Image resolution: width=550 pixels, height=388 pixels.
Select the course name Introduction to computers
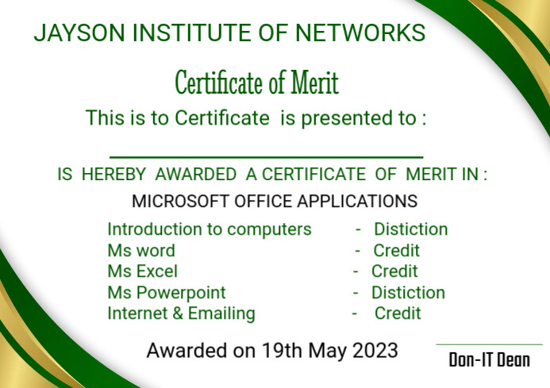point(210,229)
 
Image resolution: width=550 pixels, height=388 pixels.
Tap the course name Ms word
point(141,251)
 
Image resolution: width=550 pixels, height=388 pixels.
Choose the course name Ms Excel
point(143,271)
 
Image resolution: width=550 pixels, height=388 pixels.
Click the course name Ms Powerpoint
point(167,293)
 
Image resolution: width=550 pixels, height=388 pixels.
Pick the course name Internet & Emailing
point(181,313)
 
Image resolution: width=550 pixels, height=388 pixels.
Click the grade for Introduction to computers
point(411,229)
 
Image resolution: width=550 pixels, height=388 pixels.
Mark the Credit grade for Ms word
point(397,251)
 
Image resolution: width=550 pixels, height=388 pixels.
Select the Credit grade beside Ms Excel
point(394,271)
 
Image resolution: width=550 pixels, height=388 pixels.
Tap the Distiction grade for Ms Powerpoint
point(408,293)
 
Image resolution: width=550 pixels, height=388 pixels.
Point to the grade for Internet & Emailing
point(398,313)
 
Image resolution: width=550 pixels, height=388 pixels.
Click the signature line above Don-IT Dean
point(489,345)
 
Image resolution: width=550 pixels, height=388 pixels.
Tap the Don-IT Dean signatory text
point(489,361)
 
